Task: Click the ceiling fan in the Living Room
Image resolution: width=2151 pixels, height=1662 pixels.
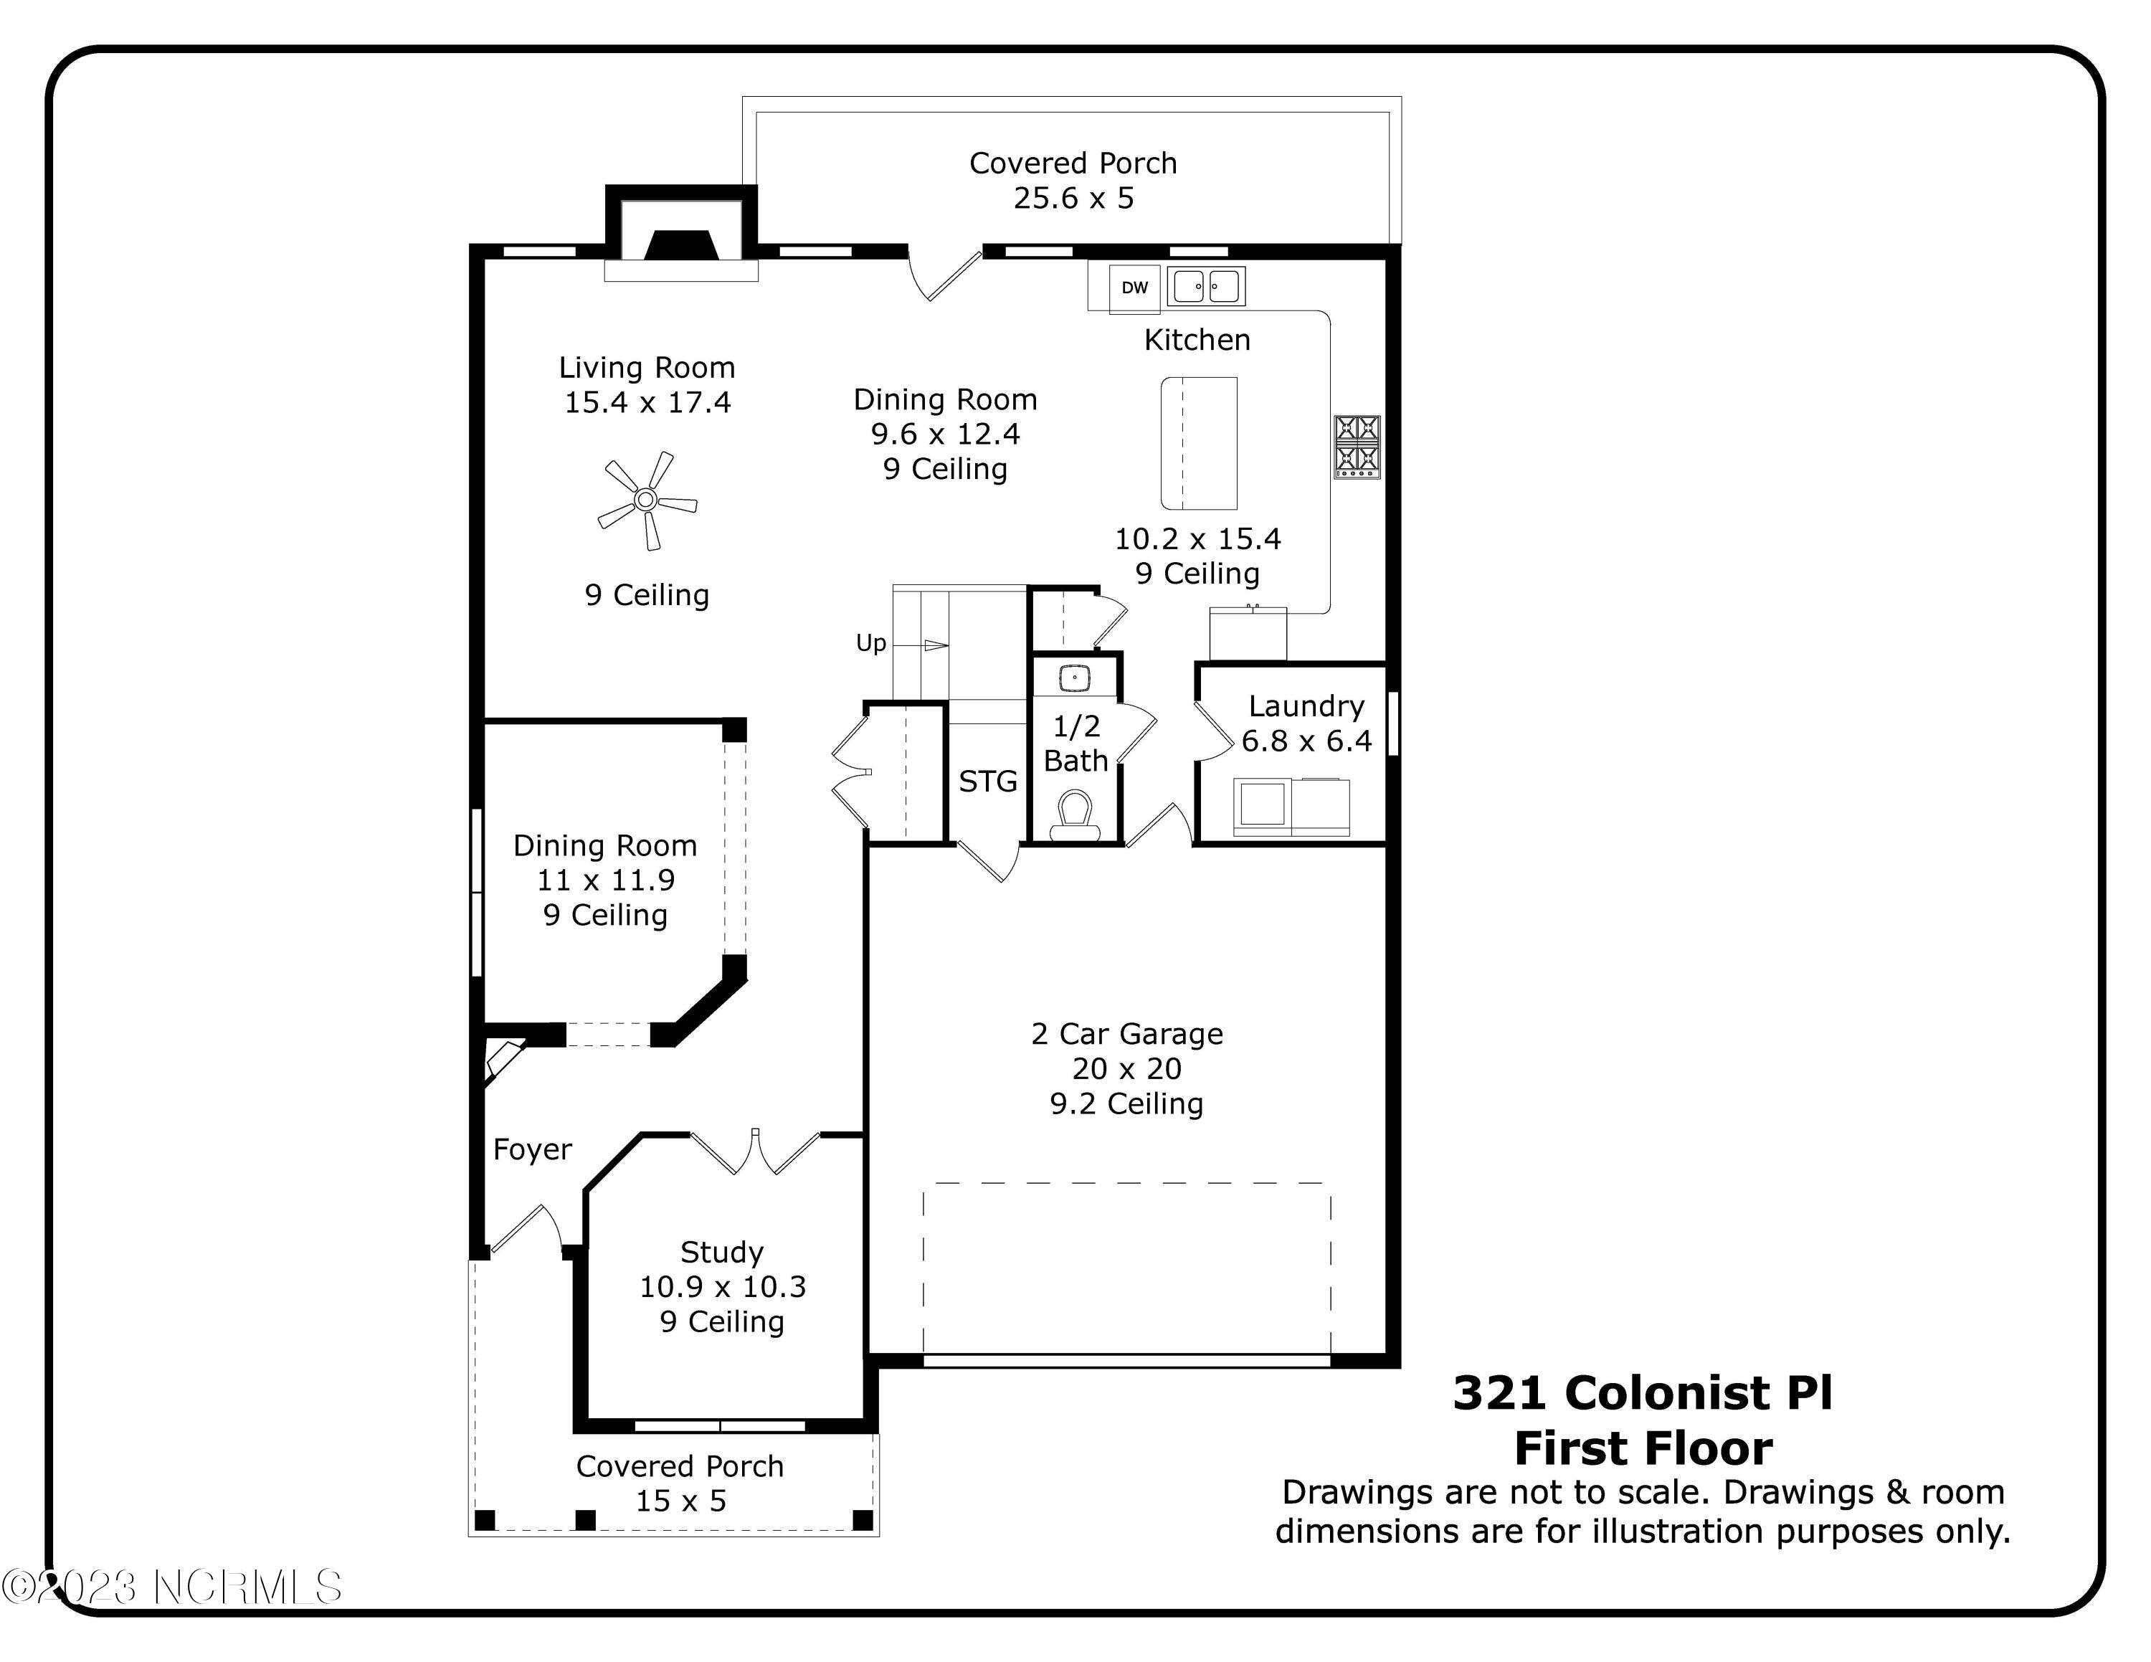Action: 646,500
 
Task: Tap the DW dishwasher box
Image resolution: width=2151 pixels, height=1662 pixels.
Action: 1134,288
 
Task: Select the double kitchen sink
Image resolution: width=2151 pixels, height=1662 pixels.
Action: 1205,287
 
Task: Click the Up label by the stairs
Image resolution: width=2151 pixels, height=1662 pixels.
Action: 870,643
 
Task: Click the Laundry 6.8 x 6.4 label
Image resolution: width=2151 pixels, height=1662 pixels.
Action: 1306,723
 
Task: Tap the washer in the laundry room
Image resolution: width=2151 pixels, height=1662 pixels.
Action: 1262,805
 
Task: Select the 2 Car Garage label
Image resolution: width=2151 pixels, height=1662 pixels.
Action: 1126,1034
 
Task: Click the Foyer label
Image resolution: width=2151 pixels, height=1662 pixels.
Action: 532,1149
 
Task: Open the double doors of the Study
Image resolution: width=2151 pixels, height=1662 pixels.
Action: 754,1152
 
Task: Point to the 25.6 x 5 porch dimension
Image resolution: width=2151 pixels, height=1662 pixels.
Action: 1073,198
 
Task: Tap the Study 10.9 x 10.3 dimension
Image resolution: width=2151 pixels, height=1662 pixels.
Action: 722,1287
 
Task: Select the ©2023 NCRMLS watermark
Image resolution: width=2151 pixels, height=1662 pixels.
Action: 172,1587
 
